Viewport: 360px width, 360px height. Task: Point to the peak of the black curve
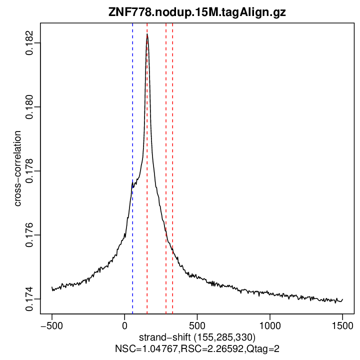pos(147,34)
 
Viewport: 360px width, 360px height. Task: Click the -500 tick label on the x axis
pos(52,324)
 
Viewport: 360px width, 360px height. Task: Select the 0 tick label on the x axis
pos(124,324)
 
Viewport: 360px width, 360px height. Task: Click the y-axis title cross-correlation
pos(17,168)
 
